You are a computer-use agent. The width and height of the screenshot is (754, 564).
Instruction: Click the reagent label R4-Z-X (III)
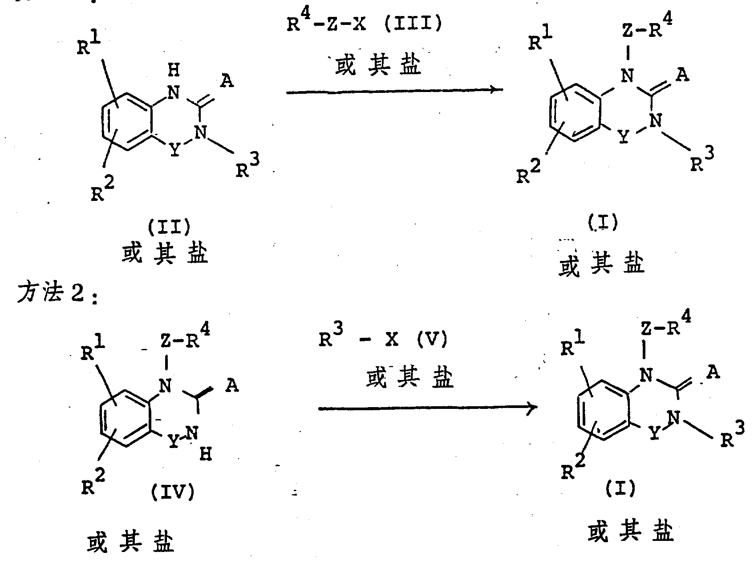[x=364, y=23]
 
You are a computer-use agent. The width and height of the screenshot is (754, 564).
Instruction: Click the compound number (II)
[x=168, y=228]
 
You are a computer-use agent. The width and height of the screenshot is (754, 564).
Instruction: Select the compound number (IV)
[x=173, y=492]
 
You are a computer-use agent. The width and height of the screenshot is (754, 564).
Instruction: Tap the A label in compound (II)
[x=227, y=81]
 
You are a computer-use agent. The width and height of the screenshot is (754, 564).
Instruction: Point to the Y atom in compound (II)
[x=175, y=150]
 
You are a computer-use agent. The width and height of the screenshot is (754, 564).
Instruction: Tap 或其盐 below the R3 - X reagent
[x=409, y=379]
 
